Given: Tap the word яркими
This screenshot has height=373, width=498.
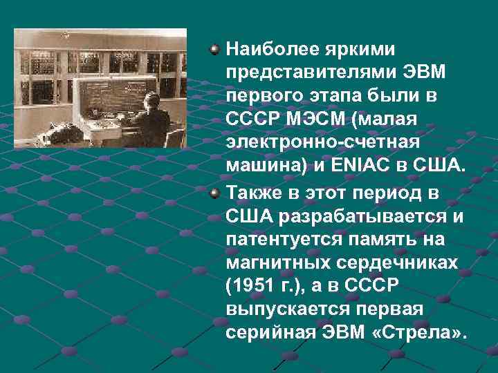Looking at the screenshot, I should pos(351,50).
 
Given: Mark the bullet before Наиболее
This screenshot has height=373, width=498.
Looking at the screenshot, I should pos(216,50).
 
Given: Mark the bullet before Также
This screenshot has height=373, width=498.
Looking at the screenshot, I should pos(216,191).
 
